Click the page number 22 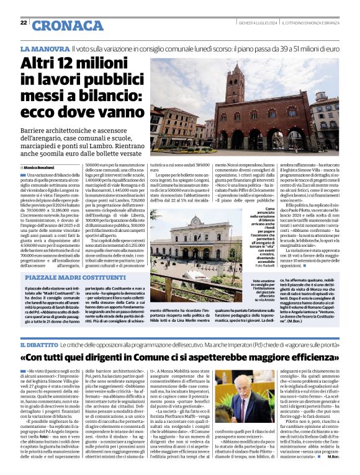click(23, 22)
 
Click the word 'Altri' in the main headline click(42, 63)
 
